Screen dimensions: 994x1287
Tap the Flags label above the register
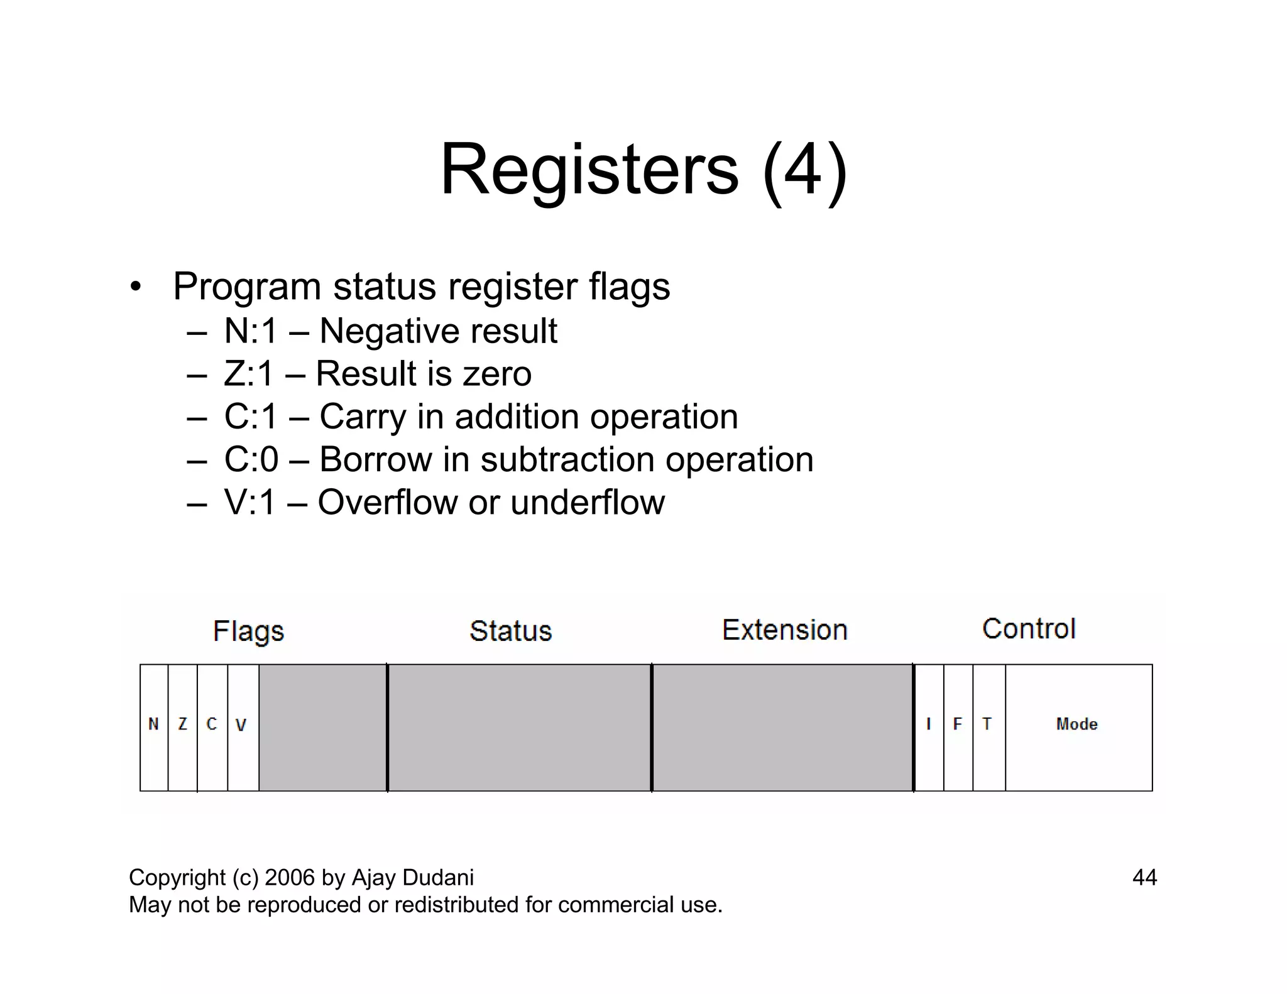click(249, 631)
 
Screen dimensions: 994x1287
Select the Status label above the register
click(511, 631)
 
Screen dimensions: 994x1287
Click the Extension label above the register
click(785, 630)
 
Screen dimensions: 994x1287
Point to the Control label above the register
click(1029, 629)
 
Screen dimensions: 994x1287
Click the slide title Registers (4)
click(643, 170)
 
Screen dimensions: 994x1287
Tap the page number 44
click(1144, 877)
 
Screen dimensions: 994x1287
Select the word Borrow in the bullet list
click(375, 459)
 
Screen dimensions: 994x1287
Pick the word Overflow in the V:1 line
click(388, 502)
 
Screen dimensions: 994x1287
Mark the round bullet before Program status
click(135, 288)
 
